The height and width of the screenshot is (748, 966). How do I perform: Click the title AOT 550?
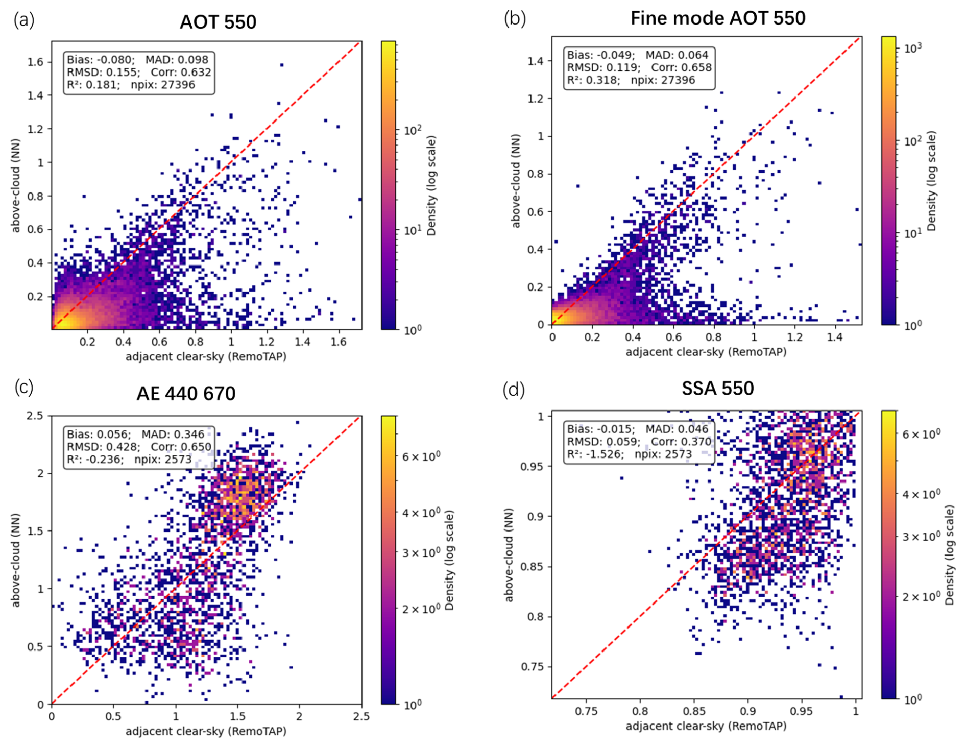click(218, 22)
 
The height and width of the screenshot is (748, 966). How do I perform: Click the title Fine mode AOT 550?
click(717, 18)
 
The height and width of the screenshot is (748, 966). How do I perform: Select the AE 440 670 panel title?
click(186, 394)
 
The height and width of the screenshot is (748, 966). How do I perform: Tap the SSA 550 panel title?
click(717, 389)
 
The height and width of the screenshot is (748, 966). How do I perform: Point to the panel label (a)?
click(24, 20)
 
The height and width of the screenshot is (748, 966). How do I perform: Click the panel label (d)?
click(513, 390)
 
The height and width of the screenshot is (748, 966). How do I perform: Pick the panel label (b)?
click(514, 18)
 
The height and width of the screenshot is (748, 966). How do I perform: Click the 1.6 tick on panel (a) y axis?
click(35, 62)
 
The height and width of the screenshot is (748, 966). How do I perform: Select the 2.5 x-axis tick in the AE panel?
click(361, 716)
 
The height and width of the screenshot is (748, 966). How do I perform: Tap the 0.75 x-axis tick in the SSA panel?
click(586, 711)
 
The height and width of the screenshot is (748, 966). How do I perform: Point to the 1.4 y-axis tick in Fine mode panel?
click(536, 61)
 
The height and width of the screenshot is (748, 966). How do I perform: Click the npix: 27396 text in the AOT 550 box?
click(163, 85)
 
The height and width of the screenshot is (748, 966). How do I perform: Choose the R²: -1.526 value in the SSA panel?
click(595, 454)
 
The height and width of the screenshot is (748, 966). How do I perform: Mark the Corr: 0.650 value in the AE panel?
click(181, 447)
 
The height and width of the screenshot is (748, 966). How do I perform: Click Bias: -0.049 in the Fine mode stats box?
click(600, 55)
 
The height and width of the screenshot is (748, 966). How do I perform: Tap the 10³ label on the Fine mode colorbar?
click(912, 48)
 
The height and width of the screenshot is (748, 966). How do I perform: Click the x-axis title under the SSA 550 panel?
click(706, 726)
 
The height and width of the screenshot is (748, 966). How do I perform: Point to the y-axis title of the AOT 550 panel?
click(16, 185)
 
